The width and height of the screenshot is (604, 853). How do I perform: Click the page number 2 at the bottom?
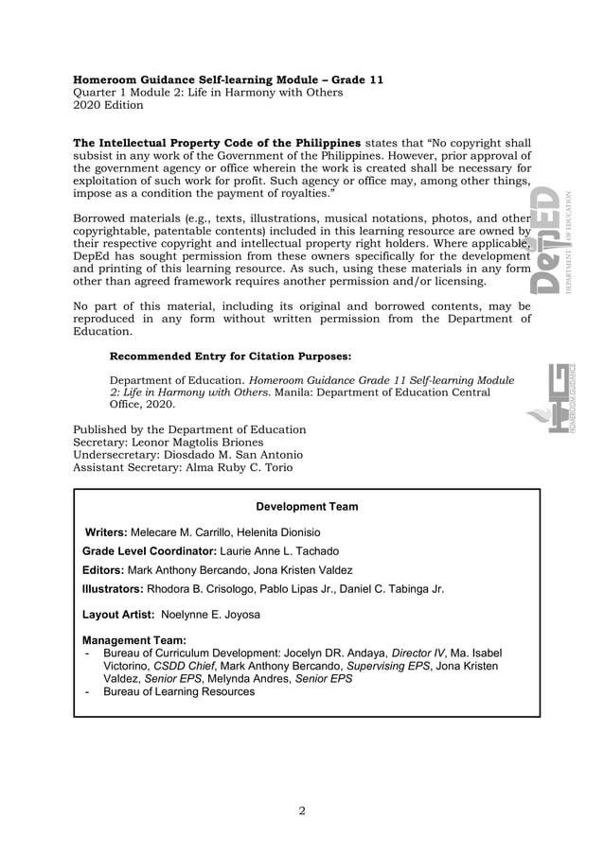point(302,810)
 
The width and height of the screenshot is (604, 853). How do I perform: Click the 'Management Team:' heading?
point(134,640)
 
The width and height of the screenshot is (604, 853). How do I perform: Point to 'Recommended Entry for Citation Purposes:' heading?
point(231,357)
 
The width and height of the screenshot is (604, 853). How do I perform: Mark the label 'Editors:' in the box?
point(103,570)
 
